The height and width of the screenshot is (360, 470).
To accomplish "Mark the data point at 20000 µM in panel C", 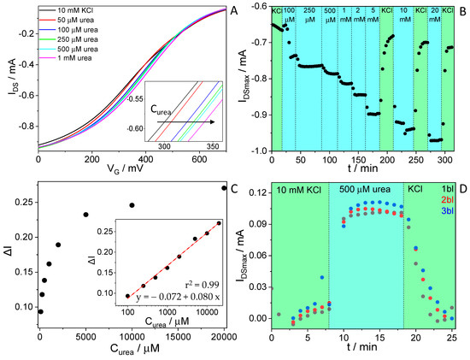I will coord(224,188).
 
